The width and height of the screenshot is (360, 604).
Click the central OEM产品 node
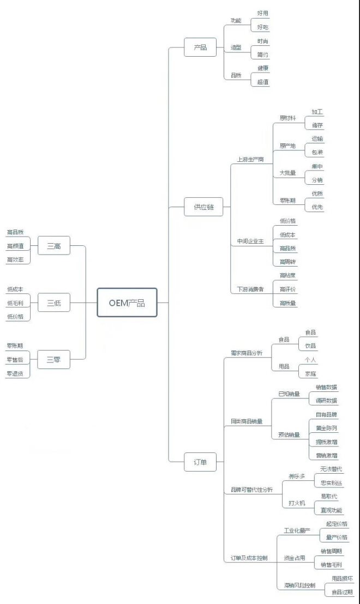pos(127,303)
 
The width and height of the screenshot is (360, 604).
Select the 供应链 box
pos(203,207)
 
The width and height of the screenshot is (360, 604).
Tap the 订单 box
pos(200,462)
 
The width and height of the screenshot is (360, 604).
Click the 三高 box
pos(54,246)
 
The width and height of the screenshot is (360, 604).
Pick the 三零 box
pos(53,359)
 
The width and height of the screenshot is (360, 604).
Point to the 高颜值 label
pos(15,246)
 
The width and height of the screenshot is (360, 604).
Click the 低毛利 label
pos(15,303)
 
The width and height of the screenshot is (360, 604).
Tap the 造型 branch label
pos(236,47)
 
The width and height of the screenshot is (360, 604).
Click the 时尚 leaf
pos(263,41)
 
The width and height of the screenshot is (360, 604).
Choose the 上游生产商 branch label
pos(250,160)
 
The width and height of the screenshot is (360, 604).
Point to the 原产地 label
pos(287,146)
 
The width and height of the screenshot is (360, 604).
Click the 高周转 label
pos(287,262)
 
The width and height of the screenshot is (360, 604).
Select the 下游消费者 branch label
pos(250,289)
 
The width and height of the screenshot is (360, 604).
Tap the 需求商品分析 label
pos(247,353)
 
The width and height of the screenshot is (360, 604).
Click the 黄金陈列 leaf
pos(327,428)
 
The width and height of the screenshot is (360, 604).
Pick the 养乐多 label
pos(297,476)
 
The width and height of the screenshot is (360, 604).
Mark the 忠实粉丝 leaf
pos(332,482)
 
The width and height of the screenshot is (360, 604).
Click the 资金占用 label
pos(295,558)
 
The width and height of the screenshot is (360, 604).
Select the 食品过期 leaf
pos(342,591)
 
